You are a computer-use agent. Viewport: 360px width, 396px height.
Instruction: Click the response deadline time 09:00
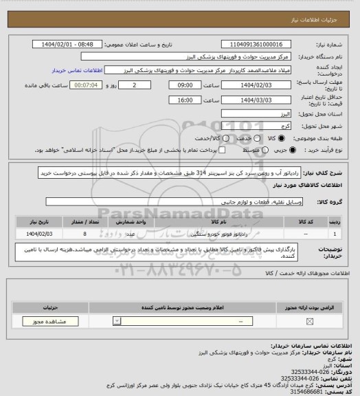pyautogui.click(x=183, y=85)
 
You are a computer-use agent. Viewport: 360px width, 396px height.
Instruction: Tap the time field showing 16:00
pyautogui.click(x=183, y=100)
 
